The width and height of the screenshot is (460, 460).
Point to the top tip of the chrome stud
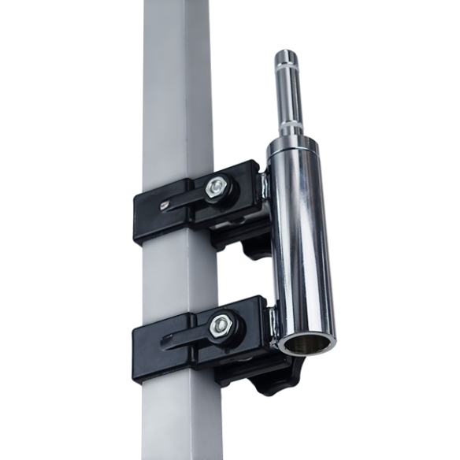click(286, 54)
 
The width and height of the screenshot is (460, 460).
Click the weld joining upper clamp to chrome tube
click(265, 189)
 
